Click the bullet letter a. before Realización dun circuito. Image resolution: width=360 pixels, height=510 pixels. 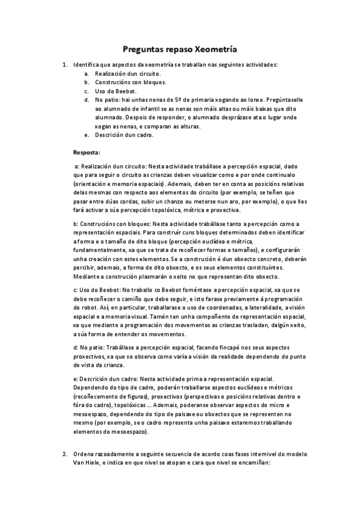click(x=87, y=73)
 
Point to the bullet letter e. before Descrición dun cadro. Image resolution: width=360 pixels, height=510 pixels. click(x=87, y=135)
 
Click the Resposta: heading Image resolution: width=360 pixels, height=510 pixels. click(x=87, y=152)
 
